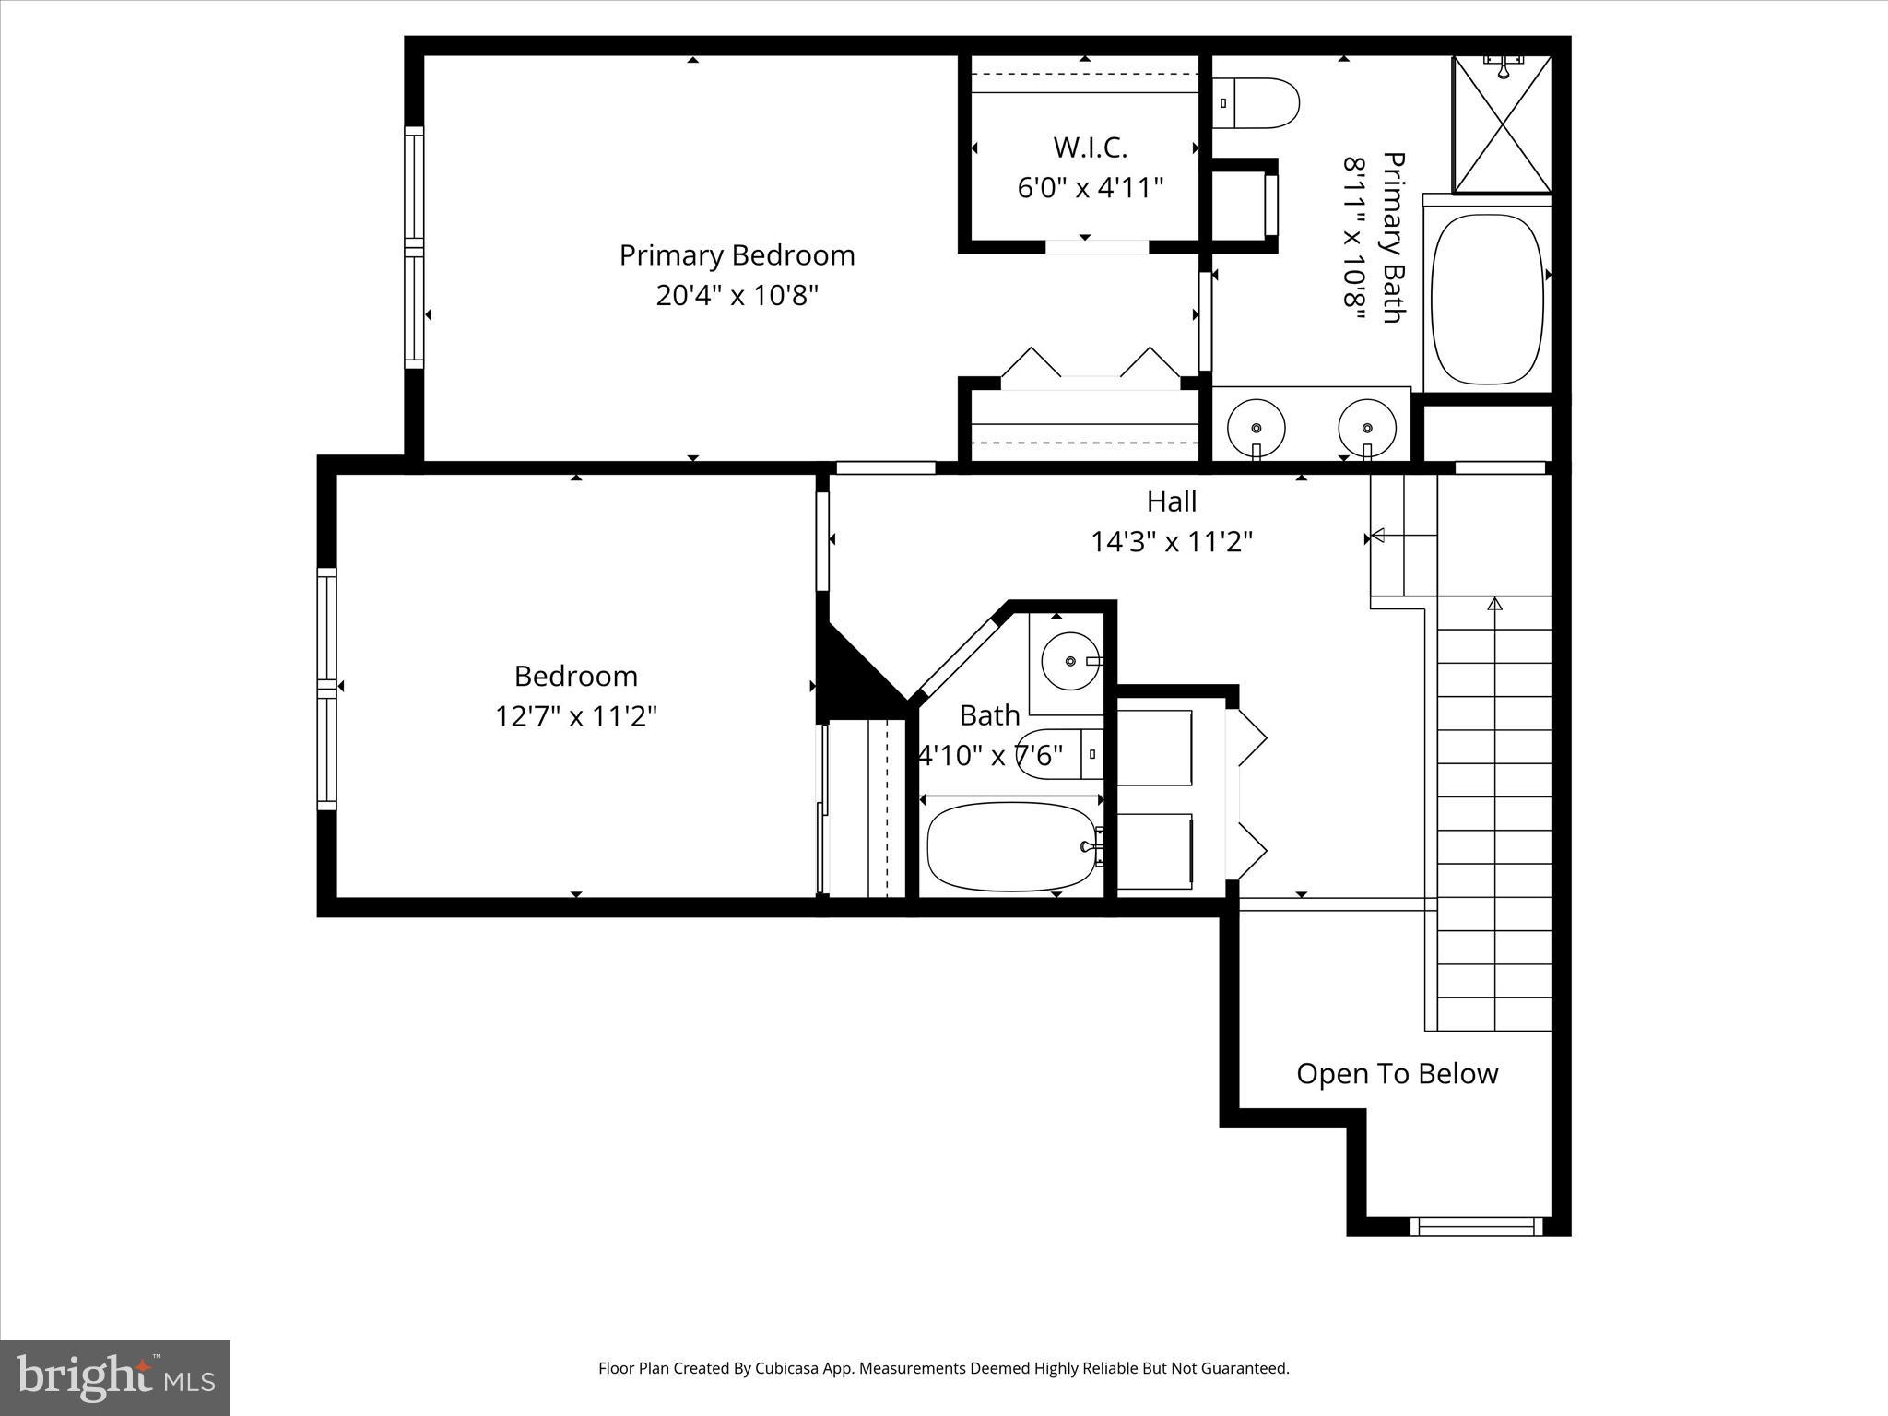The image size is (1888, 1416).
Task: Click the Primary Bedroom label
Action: tap(737, 255)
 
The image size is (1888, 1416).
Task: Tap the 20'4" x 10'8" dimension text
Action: tap(737, 296)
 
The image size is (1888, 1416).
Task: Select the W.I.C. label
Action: tap(1090, 147)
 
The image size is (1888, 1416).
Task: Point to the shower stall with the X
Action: tap(1502, 125)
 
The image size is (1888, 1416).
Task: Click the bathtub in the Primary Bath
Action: tap(1487, 300)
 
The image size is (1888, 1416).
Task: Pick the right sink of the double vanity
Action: tap(1367, 427)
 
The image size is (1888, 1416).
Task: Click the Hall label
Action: tap(1172, 501)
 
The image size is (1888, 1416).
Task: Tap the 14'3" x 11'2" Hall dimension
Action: tap(1172, 542)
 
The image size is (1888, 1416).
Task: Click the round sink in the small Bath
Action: tap(1070, 661)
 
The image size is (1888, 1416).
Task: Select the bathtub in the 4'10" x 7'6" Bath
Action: tap(1011, 846)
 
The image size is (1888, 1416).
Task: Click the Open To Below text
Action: tap(1397, 1074)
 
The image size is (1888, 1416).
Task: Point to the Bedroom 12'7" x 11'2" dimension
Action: tap(576, 716)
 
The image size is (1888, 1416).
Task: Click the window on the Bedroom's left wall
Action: tap(326, 688)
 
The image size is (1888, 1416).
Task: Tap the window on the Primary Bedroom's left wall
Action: tap(414, 248)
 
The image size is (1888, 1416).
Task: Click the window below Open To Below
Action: tap(1475, 1226)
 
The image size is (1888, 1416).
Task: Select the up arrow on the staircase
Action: tap(1494, 605)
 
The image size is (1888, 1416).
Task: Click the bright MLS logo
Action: tap(115, 1377)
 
